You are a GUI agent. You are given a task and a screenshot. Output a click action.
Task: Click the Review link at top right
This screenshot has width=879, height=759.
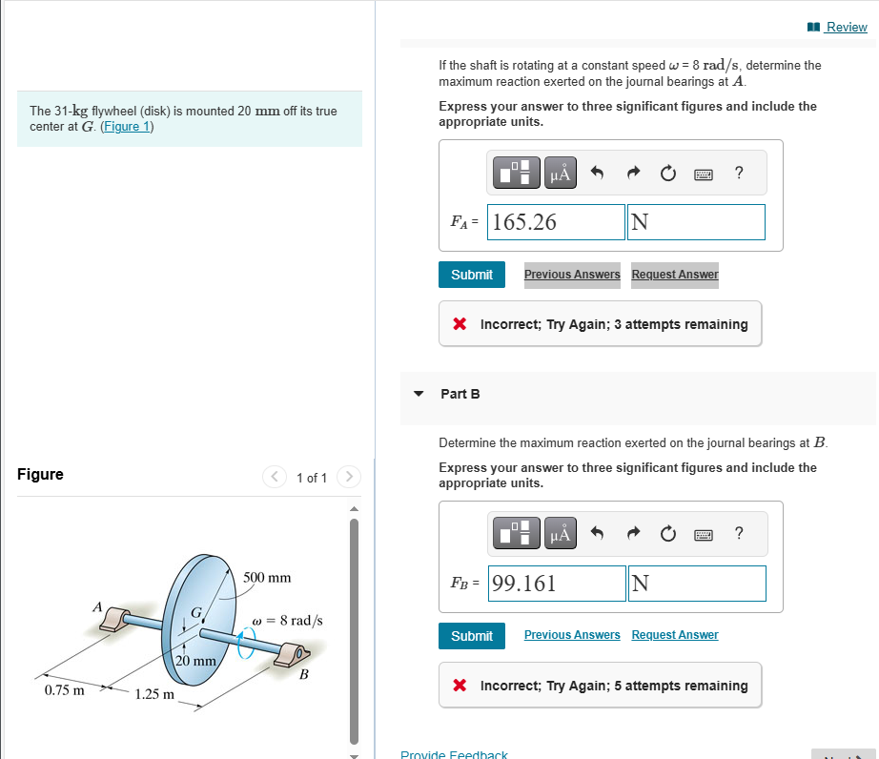coord(845,27)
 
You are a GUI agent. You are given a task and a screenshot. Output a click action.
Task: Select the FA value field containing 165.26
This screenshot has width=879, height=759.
coord(556,222)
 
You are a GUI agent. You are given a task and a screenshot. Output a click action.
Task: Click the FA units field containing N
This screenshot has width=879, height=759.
coord(696,222)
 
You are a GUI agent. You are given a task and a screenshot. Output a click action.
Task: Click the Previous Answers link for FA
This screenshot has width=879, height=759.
coord(572,275)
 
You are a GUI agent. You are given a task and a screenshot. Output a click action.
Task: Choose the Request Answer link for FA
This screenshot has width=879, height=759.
coord(675,275)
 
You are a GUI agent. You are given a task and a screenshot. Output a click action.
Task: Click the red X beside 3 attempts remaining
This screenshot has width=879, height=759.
coord(460,324)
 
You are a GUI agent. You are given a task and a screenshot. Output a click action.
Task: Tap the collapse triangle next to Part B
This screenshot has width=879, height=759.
coord(419,393)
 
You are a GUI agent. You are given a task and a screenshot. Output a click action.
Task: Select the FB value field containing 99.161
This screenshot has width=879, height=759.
coord(557,584)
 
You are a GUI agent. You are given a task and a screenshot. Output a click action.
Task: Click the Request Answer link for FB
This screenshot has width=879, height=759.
coord(675,635)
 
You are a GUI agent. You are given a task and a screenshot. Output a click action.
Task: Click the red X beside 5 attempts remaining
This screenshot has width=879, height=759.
coord(460,686)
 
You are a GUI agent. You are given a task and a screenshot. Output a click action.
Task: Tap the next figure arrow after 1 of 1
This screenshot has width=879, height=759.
coord(349,476)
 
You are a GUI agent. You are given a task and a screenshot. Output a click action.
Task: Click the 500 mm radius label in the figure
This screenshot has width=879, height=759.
coord(267,578)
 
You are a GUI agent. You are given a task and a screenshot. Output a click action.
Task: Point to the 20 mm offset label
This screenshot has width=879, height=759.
coord(196,660)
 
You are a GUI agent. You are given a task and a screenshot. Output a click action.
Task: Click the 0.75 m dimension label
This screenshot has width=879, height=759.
coord(64,689)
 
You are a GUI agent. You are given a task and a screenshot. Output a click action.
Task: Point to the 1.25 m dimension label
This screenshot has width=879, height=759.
coord(153,694)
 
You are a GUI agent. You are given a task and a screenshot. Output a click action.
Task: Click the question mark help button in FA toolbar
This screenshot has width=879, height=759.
coord(739,173)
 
